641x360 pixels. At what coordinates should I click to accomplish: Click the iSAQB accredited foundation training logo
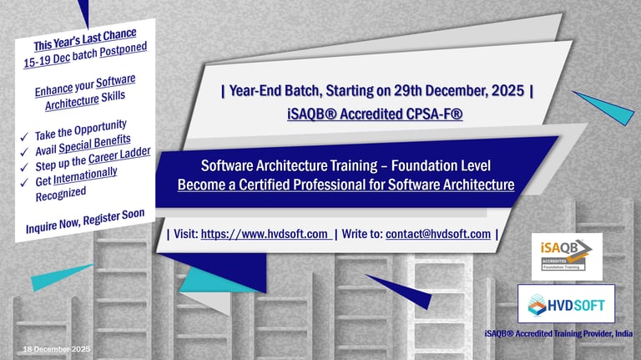567,256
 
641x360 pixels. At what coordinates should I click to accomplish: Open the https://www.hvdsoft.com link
265,233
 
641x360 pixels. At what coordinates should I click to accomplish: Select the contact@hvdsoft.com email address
438,233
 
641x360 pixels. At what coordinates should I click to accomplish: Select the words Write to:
361,233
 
